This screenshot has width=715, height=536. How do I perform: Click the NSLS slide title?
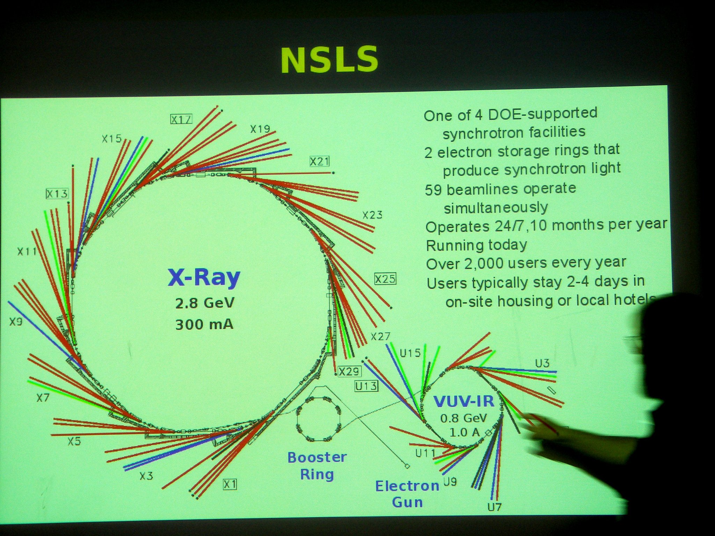(x=329, y=59)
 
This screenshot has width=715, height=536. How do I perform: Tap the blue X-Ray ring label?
(x=204, y=277)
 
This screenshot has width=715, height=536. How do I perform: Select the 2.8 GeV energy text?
(x=205, y=303)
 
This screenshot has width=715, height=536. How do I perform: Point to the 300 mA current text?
(x=204, y=325)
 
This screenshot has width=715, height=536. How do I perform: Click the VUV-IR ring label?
(x=464, y=401)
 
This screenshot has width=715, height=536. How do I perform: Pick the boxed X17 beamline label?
(x=182, y=119)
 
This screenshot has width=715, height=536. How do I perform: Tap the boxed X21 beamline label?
(x=319, y=162)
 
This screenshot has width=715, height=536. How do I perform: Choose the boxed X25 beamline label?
(x=385, y=279)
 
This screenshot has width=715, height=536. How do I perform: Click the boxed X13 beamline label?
(x=57, y=194)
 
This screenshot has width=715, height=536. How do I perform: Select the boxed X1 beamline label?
(x=230, y=484)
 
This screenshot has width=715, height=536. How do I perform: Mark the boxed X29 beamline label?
(x=349, y=371)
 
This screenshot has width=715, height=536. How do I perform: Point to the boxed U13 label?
(x=366, y=386)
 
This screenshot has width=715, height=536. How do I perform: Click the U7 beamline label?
(x=494, y=507)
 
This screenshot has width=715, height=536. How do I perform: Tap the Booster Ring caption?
(x=317, y=466)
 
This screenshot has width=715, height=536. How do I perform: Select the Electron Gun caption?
(x=407, y=494)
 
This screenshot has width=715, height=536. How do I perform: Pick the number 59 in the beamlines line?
(x=433, y=190)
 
